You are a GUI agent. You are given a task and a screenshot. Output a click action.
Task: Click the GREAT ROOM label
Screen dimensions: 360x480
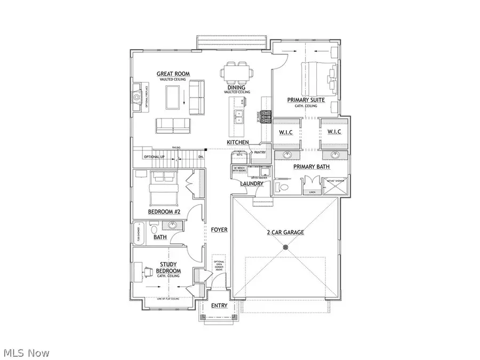pyautogui.click(x=173, y=74)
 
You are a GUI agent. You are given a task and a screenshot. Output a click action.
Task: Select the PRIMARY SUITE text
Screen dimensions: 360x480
pyautogui.click(x=306, y=100)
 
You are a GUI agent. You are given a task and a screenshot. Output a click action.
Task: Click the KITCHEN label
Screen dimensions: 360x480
pyautogui.click(x=238, y=142)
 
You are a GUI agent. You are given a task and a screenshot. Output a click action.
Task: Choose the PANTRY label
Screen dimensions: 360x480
pyautogui.click(x=260, y=153)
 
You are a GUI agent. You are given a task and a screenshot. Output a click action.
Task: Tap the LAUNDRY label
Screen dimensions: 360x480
pyautogui.click(x=251, y=184)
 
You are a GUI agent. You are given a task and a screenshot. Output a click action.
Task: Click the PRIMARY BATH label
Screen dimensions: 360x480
pyautogui.click(x=312, y=166)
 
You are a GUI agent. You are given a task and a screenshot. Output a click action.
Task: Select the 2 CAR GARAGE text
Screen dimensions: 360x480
pyautogui.click(x=285, y=233)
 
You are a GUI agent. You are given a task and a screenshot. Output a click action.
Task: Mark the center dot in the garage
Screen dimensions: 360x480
pyautogui.click(x=285, y=247)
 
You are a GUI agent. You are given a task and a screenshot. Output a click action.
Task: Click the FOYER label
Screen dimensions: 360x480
pyautogui.click(x=219, y=230)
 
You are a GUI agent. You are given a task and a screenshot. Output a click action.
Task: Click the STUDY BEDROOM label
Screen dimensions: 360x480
pyautogui.click(x=169, y=268)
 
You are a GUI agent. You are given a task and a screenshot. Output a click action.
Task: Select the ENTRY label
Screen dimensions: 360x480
pyautogui.click(x=219, y=306)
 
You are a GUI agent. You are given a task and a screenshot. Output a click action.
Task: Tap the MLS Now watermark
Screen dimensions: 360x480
pyautogui.click(x=26, y=353)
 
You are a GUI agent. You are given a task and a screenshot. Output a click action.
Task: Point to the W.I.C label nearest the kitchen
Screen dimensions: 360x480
pyautogui.click(x=283, y=132)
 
